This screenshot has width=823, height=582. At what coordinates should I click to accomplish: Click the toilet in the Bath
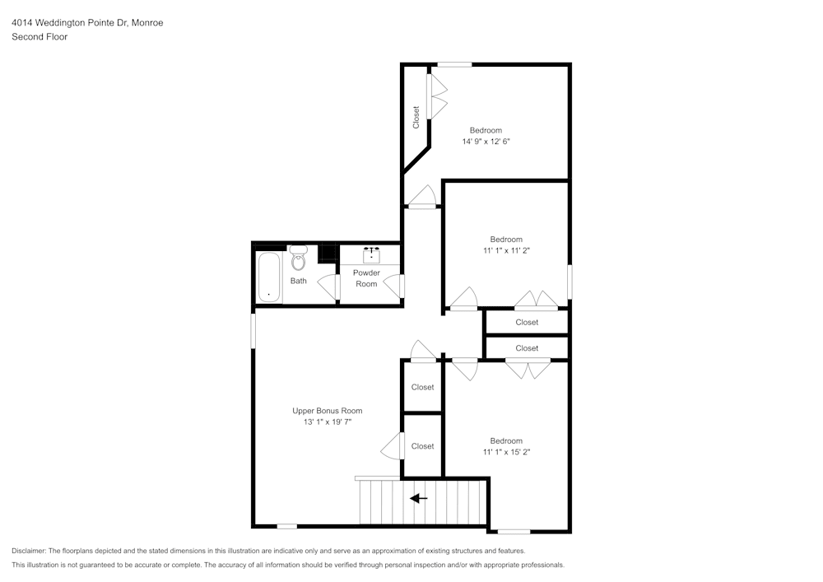[298, 259]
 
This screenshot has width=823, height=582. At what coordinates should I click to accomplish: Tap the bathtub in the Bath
[268, 278]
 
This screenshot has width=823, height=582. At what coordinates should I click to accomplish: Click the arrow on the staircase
[419, 498]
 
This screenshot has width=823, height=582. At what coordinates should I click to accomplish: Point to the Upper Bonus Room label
[327, 411]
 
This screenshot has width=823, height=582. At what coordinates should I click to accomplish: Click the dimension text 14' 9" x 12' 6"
[491, 142]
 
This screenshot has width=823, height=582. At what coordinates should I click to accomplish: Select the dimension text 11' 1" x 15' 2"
[506, 452]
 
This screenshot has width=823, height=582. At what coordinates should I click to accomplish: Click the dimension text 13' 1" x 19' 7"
[327, 422]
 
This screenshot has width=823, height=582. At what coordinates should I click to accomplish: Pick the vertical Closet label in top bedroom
[416, 117]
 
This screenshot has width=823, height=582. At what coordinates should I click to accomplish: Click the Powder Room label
[366, 278]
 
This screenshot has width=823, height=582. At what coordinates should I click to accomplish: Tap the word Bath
[298, 281]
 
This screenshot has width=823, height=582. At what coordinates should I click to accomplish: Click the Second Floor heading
[40, 37]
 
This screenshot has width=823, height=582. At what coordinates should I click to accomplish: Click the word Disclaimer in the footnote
[30, 551]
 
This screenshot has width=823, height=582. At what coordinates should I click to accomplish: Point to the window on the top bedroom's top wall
[453, 64]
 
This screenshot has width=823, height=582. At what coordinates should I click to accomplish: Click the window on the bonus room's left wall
[253, 330]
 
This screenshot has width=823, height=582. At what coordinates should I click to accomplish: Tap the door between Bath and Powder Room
[336, 286]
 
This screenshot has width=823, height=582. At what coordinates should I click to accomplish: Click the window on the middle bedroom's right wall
[570, 281]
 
